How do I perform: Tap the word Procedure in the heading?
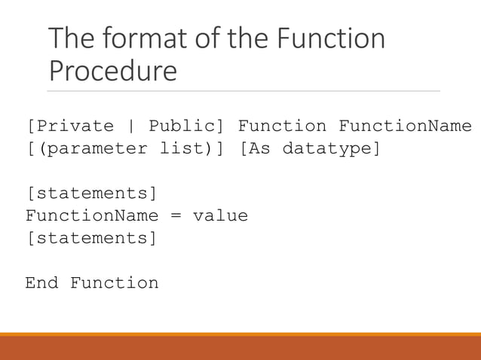coord(113,71)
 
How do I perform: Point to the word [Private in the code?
coord(70,126)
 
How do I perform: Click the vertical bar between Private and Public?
coord(131,126)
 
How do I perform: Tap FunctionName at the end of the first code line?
coord(405,126)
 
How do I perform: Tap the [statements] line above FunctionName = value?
coord(91,194)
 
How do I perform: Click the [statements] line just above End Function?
coord(91,239)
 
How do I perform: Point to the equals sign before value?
coord(176,216)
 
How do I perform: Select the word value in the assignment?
coord(220,216)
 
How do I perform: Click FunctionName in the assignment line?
coord(92,216)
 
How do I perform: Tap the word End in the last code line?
coord(42,284)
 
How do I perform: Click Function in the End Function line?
coord(115,284)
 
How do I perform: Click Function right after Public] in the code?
coord(282,126)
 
